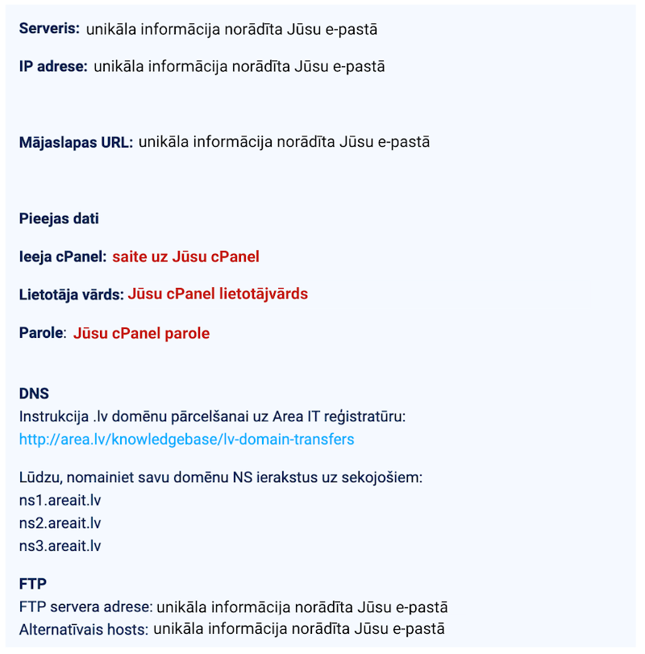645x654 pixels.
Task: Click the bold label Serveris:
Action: point(49,29)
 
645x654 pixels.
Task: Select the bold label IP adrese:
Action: point(53,66)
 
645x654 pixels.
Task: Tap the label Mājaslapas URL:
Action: point(76,142)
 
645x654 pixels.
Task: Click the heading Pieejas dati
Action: point(59,219)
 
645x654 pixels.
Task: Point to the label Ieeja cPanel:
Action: point(63,256)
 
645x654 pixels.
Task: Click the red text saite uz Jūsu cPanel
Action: point(185,256)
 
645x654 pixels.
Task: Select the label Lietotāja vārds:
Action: point(71,294)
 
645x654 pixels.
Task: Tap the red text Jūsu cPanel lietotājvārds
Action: point(218,294)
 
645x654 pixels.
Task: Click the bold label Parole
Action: point(41,333)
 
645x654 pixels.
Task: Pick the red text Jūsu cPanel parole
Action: point(141,333)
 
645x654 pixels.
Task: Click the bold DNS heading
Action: point(34,394)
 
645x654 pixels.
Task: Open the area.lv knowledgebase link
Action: point(186,439)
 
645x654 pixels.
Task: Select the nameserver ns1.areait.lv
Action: point(60,500)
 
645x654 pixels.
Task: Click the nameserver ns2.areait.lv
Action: point(60,523)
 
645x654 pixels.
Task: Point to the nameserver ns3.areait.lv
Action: point(60,545)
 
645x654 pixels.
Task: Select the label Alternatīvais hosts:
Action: point(85,628)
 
